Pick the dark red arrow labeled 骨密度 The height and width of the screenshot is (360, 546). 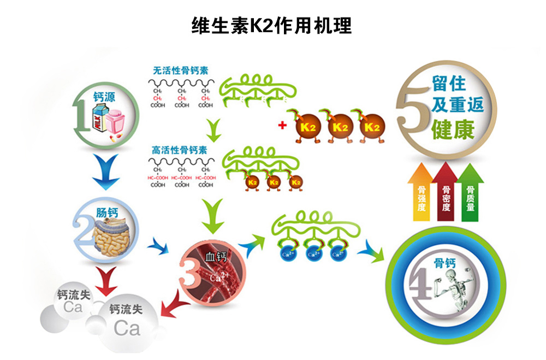446,191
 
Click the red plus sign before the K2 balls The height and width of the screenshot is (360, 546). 282,125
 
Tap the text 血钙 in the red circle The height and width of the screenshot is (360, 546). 215,256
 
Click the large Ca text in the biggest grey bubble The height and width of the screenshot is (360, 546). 127,328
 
